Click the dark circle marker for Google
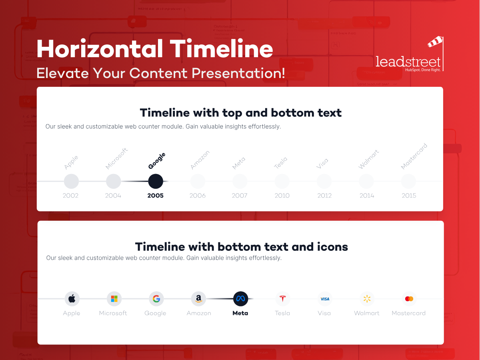point(156,181)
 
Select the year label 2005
point(156,196)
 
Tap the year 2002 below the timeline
point(71,196)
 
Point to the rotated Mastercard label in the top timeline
point(414,156)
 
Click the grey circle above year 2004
point(114,181)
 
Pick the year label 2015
point(409,196)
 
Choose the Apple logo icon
point(72,298)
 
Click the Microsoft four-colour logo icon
point(114,299)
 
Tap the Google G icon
point(156,298)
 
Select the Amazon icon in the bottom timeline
point(198,298)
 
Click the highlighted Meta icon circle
point(241,298)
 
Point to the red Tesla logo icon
point(283,298)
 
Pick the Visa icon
point(325,299)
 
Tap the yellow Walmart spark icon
point(367,298)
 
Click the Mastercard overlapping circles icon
point(409,299)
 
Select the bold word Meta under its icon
point(240,313)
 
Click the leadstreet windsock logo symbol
point(435,42)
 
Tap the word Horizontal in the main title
point(100,50)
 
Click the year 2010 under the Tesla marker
point(282,196)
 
